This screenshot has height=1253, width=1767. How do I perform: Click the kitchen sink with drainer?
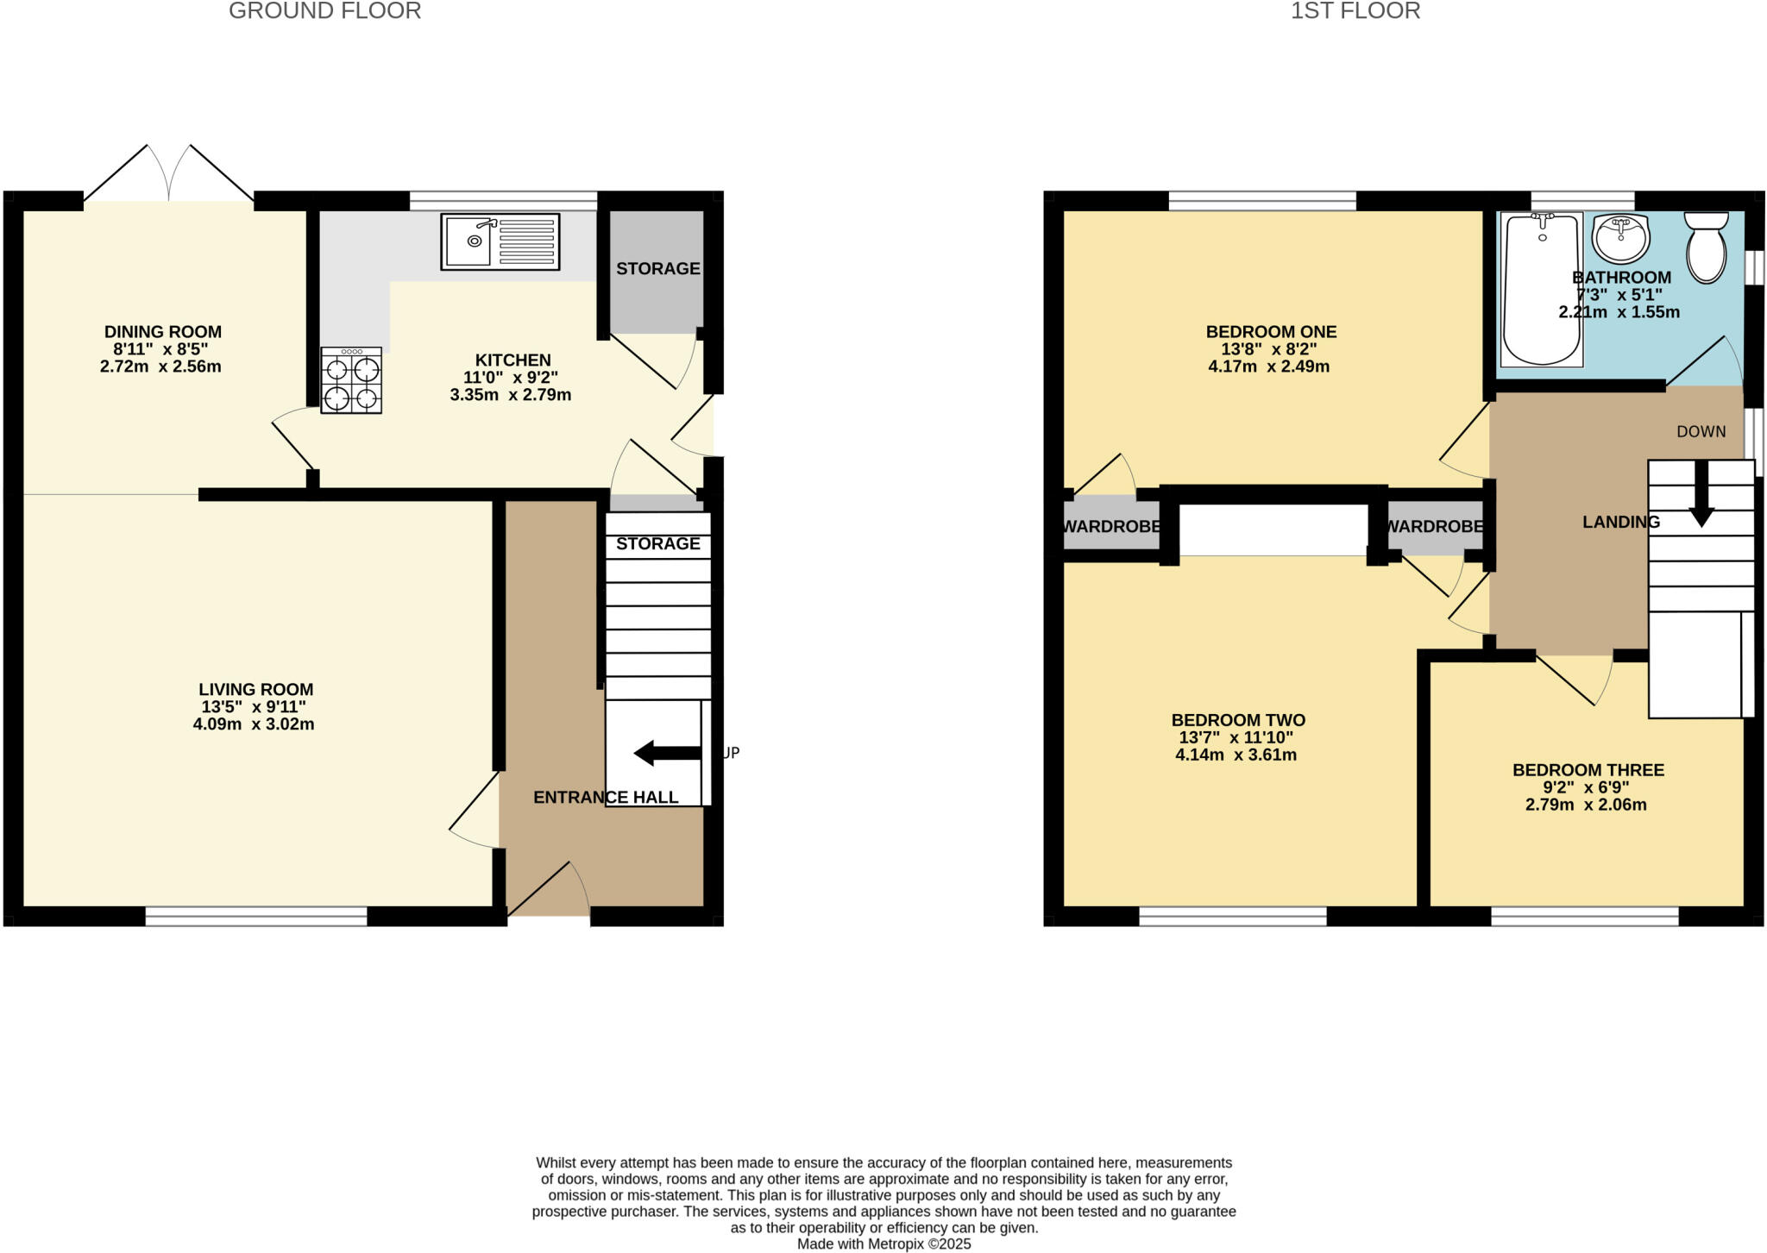pyautogui.click(x=500, y=242)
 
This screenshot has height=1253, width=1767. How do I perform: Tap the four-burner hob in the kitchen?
pyautogui.click(x=352, y=380)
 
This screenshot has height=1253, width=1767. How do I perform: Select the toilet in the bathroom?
pyautogui.click(x=1706, y=247)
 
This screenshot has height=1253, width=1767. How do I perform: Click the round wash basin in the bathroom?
pyautogui.click(x=1621, y=237)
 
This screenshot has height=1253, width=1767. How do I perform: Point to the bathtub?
pyautogui.click(x=1542, y=289)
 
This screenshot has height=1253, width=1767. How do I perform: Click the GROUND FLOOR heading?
pyautogui.click(x=324, y=11)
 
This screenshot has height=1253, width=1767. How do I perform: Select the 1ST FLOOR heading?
pyautogui.click(x=1355, y=11)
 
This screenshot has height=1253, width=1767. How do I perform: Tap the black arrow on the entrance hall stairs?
pyautogui.click(x=666, y=753)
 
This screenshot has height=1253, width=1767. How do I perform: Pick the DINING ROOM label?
pyautogui.click(x=163, y=331)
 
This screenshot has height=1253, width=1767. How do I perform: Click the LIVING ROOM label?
pyautogui.click(x=255, y=689)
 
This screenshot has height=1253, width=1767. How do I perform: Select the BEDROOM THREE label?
pyautogui.click(x=1588, y=770)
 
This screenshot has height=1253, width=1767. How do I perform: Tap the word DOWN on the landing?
pyautogui.click(x=1701, y=431)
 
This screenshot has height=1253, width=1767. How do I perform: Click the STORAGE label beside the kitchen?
pyautogui.click(x=657, y=268)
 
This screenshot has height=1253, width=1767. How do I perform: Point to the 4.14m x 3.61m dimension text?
pyautogui.click(x=1236, y=755)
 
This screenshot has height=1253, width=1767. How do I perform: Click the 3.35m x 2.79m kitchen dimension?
pyautogui.click(x=510, y=396)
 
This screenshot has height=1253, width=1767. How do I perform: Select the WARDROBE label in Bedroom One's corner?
pyautogui.click(x=1110, y=526)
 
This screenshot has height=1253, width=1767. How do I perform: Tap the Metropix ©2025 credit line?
pyautogui.click(x=883, y=1244)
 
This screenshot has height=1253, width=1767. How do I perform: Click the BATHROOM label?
pyautogui.click(x=1620, y=278)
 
